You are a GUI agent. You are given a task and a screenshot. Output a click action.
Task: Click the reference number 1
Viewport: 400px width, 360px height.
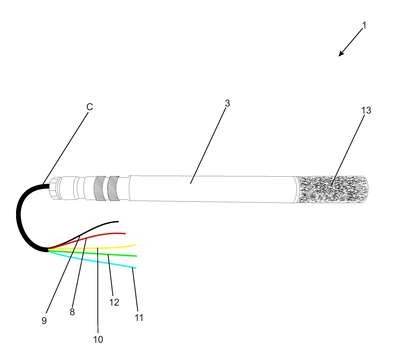pyautogui.click(x=364, y=25)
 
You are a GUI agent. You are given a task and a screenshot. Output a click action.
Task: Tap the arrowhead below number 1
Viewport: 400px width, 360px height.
pyautogui.click(x=342, y=53)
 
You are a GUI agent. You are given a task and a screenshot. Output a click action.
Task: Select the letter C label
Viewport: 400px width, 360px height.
pyautogui.click(x=90, y=107)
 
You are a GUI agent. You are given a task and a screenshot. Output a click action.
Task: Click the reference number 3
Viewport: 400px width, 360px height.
pyautogui.click(x=227, y=103)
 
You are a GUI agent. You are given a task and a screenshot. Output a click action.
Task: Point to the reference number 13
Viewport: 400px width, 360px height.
pyautogui.click(x=366, y=110)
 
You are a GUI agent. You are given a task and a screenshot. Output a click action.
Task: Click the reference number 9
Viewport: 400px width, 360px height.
pyautogui.click(x=44, y=320)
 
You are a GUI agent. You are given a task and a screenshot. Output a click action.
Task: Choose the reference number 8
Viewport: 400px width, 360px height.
pyautogui.click(x=72, y=312)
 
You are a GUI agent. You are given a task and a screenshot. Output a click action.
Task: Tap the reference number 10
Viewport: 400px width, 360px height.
pyautogui.click(x=98, y=339)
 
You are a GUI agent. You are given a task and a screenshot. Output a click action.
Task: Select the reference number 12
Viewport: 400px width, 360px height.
pyautogui.click(x=114, y=302)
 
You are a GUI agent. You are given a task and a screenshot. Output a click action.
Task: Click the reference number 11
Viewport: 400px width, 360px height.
pyautogui.click(x=139, y=317)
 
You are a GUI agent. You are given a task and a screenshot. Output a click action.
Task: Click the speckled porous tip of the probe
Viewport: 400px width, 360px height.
pyautogui.click(x=333, y=189)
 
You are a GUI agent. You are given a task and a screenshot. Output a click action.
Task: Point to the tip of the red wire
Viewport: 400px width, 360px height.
pyautogui.click(x=125, y=233)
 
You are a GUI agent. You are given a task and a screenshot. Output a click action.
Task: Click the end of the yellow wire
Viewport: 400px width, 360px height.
pyautogui.click(x=135, y=245)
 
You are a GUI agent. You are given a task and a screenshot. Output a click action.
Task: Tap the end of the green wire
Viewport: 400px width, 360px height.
pyautogui.click(x=136, y=256)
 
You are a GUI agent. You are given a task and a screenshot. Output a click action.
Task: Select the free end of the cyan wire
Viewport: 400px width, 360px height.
pyautogui.click(x=135, y=267)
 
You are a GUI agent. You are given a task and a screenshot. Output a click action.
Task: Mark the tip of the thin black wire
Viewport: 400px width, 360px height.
pyautogui.click(x=118, y=221)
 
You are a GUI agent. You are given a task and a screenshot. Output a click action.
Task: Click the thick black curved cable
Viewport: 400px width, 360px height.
pyautogui.click(x=18, y=217)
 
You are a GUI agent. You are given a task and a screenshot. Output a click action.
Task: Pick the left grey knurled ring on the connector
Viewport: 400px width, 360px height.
pyautogui.click(x=99, y=188)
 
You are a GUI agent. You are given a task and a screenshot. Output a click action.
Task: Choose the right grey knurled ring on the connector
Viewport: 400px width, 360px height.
pyautogui.click(x=114, y=188)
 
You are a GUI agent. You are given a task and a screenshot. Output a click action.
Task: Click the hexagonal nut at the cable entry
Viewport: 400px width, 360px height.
pyautogui.click(x=53, y=188)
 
